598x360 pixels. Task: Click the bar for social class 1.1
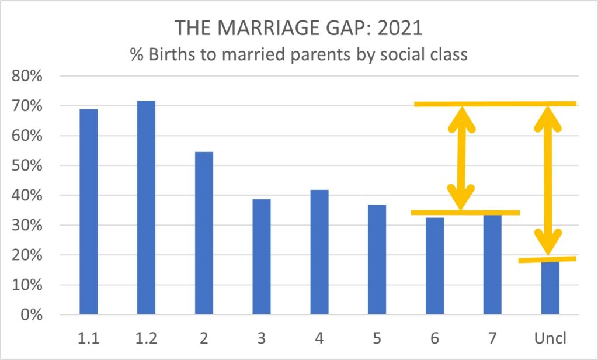tap(88, 212)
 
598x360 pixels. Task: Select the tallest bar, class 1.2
tap(146, 207)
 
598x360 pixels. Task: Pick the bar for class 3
tap(262, 257)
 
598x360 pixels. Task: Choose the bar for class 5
tap(377, 259)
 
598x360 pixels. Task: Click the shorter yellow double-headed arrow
tap(461, 158)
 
